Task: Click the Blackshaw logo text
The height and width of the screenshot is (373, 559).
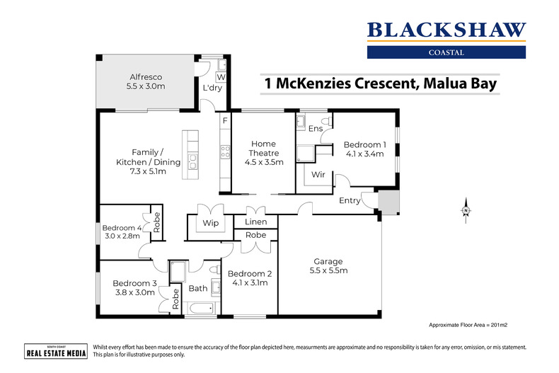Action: pyautogui.click(x=446, y=30)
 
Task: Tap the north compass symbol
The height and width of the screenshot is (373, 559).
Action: pyautogui.click(x=466, y=210)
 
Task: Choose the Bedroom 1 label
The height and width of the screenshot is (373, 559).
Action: pyautogui.click(x=364, y=149)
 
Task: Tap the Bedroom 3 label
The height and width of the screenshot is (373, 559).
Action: pyautogui.click(x=134, y=287)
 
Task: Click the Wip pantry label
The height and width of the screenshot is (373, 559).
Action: pyautogui.click(x=211, y=224)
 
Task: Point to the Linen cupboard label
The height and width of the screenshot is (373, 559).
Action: pyautogui.click(x=255, y=222)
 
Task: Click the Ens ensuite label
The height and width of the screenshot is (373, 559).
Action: pyautogui.click(x=316, y=129)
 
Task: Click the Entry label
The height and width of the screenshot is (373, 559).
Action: pyautogui.click(x=350, y=200)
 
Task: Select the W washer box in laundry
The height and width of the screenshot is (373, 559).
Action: pyautogui.click(x=221, y=76)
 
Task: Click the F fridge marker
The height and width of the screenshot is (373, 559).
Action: pyautogui.click(x=225, y=121)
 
